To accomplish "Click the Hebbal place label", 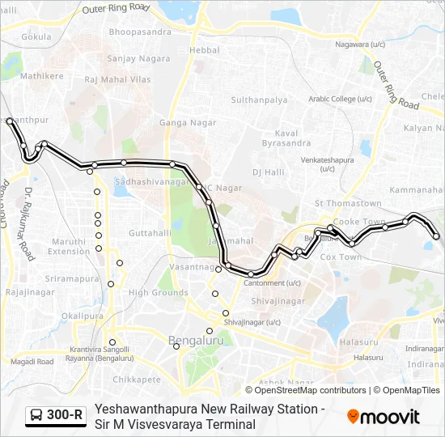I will [x=204, y=49].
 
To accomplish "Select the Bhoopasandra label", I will [x=141, y=32].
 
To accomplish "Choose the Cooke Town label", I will [x=359, y=222].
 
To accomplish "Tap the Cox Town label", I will [x=341, y=257].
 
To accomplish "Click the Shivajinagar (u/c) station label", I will [x=252, y=322].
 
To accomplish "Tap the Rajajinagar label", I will [x=30, y=291].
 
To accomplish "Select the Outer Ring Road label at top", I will [x=117, y=9].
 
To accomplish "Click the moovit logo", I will [x=383, y=416].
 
